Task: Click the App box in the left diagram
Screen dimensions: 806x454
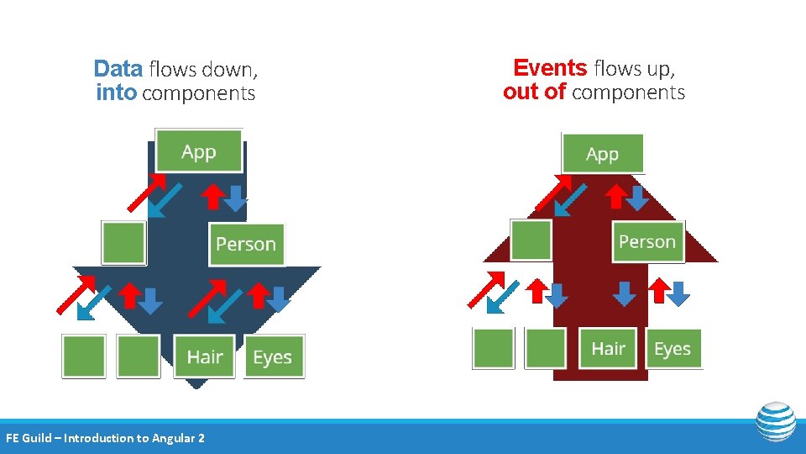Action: tap(199, 151)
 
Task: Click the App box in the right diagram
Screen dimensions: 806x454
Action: tap(602, 154)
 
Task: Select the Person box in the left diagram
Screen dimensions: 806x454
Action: tap(246, 244)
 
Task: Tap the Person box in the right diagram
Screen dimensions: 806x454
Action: tap(647, 241)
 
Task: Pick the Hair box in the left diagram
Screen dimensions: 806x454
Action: tap(204, 356)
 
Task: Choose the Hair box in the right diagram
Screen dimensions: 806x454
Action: tap(609, 348)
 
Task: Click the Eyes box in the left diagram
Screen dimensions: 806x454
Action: tap(273, 356)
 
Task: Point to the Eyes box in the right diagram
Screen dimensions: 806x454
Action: tap(673, 348)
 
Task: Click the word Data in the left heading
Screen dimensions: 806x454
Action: tap(118, 68)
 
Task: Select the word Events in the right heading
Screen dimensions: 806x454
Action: tap(550, 67)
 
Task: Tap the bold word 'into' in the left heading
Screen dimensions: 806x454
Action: tap(116, 92)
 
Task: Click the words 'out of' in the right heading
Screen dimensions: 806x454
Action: tap(534, 92)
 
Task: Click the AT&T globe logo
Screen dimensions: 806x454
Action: tap(775, 421)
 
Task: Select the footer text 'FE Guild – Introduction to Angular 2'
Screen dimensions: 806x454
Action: tap(105, 437)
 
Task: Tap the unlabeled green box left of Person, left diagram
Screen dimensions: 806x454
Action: tap(123, 242)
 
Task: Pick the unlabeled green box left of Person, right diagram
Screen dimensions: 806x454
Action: tap(531, 240)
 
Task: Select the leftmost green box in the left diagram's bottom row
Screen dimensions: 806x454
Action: tap(84, 356)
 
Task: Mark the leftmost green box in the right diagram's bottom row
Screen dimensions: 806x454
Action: tap(493, 348)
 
